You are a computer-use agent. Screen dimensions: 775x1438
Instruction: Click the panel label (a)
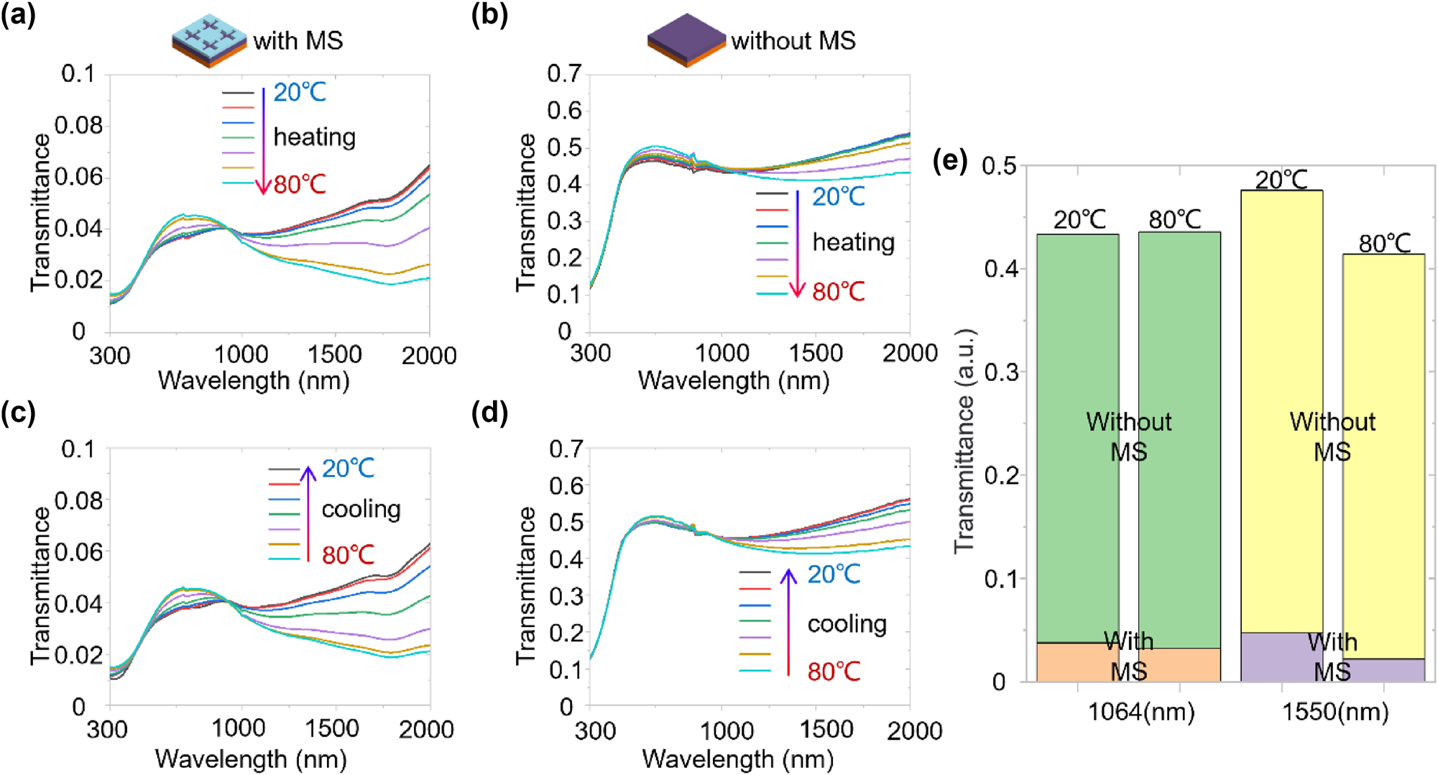18,15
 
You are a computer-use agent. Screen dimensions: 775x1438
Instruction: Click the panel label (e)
949,160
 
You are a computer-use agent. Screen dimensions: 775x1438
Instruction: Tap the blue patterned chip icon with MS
209,40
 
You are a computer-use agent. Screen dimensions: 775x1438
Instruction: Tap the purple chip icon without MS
686,40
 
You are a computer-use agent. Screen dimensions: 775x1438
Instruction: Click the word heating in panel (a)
314,137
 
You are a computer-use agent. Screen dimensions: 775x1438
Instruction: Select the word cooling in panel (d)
847,623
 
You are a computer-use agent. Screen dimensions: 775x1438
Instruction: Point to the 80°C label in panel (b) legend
838,292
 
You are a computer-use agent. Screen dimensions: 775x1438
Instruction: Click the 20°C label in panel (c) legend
348,468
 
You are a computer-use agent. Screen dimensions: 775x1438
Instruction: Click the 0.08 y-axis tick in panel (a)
79,125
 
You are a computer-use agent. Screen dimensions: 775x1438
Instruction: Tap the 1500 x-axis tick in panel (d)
826,730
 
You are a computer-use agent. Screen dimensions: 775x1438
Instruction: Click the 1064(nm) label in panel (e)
1140,712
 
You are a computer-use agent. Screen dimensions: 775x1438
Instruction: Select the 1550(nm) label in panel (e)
1335,712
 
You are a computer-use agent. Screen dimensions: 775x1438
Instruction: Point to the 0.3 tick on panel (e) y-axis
1000,372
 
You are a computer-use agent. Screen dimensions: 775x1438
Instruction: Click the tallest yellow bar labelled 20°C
1281,403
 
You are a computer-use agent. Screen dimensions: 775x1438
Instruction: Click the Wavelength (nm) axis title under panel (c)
251,758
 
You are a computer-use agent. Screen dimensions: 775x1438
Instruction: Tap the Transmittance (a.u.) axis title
964,441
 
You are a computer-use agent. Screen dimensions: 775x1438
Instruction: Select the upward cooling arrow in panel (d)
788,621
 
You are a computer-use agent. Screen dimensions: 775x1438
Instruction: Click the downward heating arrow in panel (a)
263,140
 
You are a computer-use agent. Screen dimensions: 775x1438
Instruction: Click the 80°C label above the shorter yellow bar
1383,244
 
